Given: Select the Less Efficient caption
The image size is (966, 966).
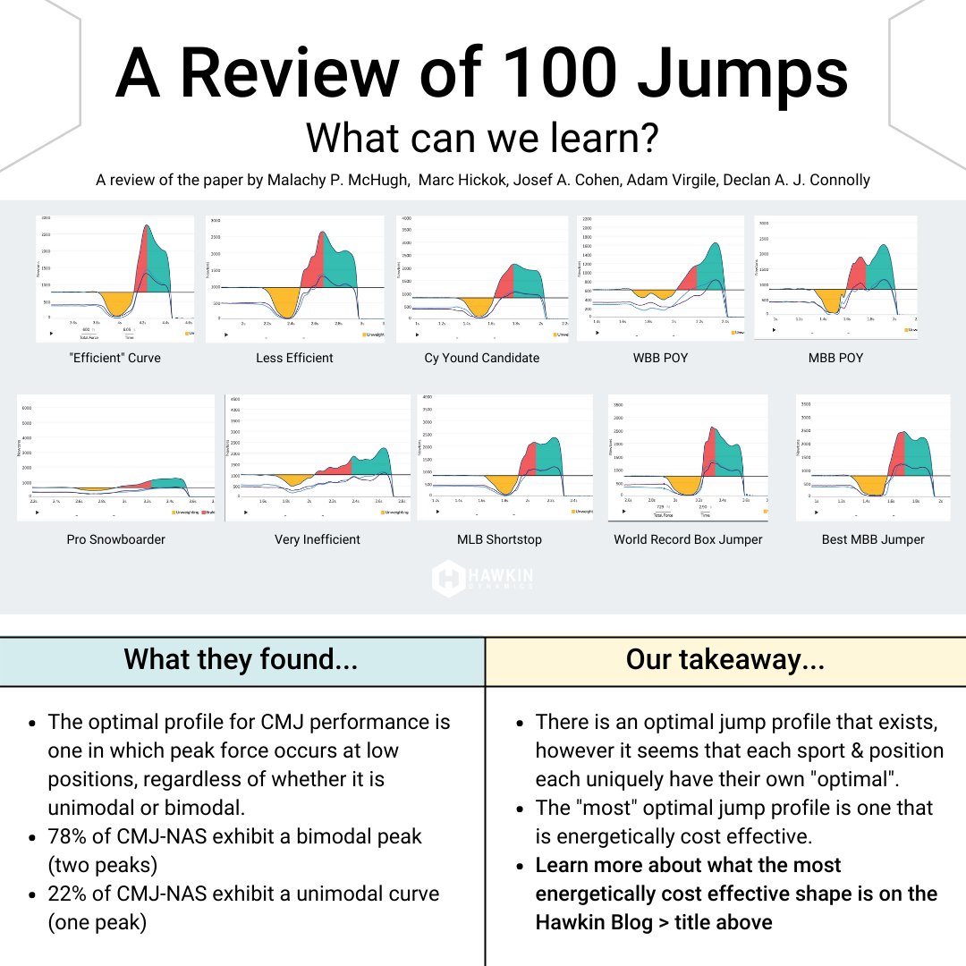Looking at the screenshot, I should [295, 358].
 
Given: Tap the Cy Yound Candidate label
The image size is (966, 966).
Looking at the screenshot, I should [482, 358].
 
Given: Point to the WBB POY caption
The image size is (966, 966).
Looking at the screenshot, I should [660, 358].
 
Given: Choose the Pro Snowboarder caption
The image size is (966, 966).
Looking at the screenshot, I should [116, 539].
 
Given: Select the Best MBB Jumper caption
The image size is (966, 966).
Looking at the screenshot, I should [873, 539].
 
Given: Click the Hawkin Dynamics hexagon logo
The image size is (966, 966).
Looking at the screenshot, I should [448, 578].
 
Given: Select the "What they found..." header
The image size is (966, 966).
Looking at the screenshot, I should [241, 660].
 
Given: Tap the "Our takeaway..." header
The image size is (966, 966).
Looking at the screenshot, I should [724, 660].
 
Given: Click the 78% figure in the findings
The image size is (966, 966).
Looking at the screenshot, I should [70, 837].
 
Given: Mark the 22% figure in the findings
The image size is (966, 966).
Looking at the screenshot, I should [70, 894].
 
